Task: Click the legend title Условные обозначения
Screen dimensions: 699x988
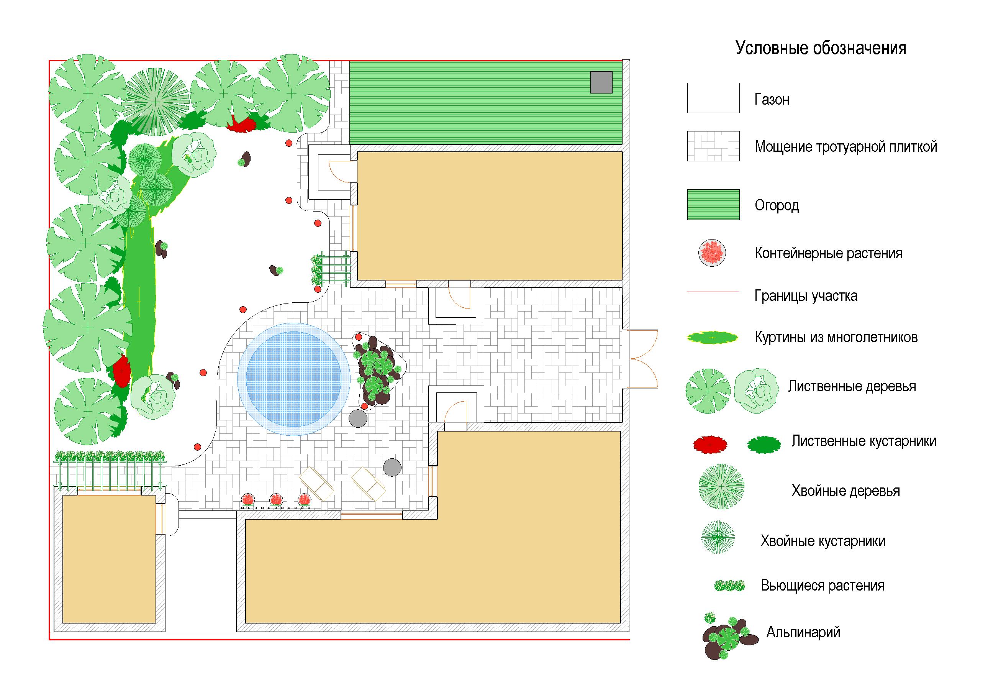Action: click(821, 48)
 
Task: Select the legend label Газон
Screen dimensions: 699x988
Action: click(772, 99)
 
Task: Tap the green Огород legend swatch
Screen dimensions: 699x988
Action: click(713, 204)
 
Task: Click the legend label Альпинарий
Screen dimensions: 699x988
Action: click(803, 632)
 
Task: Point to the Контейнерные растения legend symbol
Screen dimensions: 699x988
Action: click(712, 253)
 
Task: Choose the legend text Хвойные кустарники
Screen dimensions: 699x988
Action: click(823, 541)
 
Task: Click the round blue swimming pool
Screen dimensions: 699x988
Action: click(294, 379)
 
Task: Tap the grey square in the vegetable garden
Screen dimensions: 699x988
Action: click(601, 82)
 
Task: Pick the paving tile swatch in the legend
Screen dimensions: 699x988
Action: click(713, 146)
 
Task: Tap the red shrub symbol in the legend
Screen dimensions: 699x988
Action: click(710, 444)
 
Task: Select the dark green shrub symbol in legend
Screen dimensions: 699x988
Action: click(764, 444)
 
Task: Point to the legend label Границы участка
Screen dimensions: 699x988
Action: click(806, 296)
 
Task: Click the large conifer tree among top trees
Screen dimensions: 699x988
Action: click(155, 102)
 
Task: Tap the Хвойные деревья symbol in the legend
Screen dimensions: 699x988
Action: click(721, 487)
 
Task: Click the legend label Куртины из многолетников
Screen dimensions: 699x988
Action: click(836, 337)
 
